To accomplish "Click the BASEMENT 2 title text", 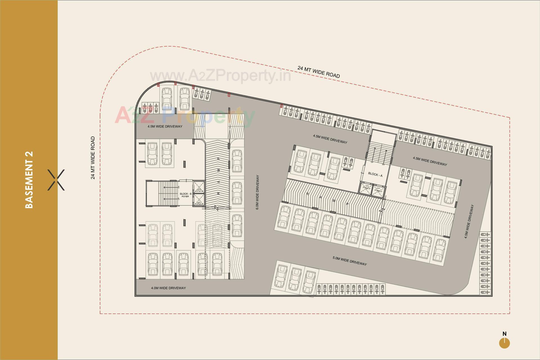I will [x=29, y=180].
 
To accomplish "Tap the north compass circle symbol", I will [x=504, y=343].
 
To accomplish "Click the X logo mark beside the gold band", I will [x=56, y=180].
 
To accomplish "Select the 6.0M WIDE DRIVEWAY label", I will [x=258, y=192].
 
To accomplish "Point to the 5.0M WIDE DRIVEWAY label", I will [x=350, y=261].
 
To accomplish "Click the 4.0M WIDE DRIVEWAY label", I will [x=168, y=288].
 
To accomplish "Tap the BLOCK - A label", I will [x=375, y=174].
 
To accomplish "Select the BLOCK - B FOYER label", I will [x=185, y=195].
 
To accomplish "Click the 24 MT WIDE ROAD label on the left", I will [x=93, y=158].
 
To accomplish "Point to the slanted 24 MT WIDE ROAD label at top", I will [x=319, y=72].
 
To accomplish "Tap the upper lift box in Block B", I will [x=199, y=187].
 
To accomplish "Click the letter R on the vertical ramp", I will [x=218, y=193].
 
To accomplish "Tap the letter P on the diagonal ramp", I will [x=348, y=204].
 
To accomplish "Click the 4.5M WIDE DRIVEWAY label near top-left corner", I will [x=165, y=127].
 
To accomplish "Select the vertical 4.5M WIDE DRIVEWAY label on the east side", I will [x=469, y=222].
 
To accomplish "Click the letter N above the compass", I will [x=505, y=334].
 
